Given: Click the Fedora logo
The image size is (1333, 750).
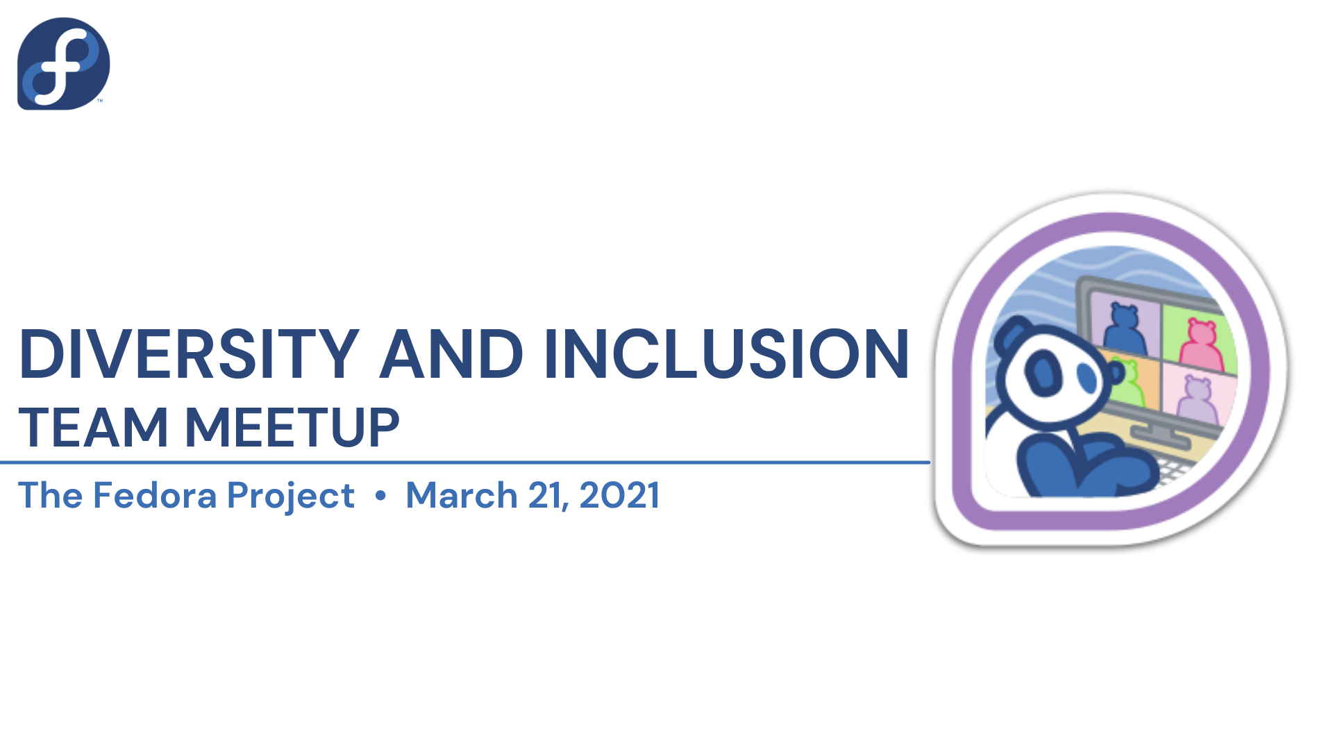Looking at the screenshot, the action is coord(63,63).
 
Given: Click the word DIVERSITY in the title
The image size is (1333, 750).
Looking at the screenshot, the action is coord(189,354).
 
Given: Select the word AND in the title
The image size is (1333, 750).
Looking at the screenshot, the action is coord(451,354).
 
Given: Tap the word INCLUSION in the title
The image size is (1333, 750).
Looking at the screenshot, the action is coord(726,354).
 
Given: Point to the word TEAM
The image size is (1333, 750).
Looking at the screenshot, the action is coord(93,427).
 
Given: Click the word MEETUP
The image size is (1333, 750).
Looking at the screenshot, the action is coord(292,427).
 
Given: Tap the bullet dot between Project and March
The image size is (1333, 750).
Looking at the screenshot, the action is coord(380,496).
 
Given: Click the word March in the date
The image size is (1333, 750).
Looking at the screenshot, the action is coord(462,495).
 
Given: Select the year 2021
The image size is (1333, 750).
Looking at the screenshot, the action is coord(619,495).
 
